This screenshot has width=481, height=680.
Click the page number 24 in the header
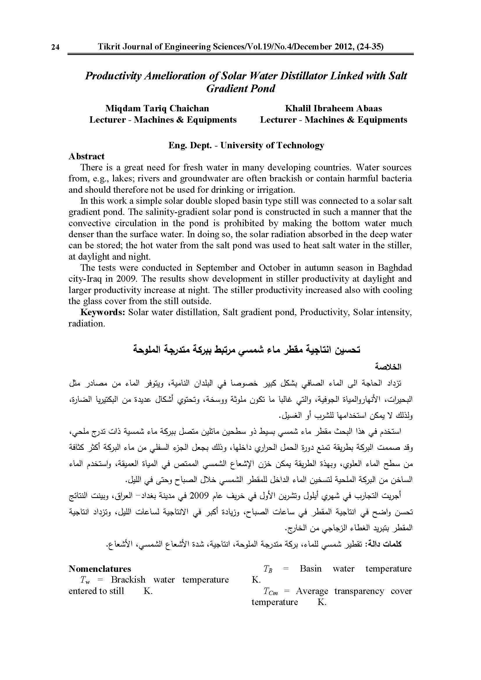pos(55,47)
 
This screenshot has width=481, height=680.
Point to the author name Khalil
pos(297,108)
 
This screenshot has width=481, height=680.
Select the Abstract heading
pos(86,156)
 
